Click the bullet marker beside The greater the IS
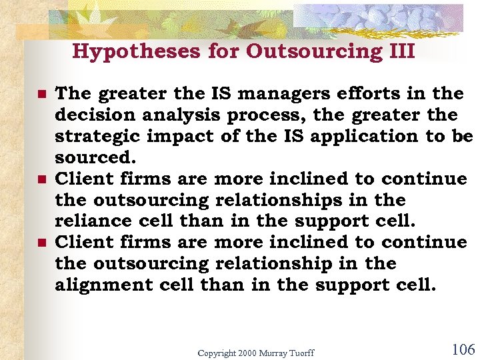pyautogui.click(x=41, y=95)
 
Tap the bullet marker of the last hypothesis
pyautogui.click(x=41, y=243)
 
